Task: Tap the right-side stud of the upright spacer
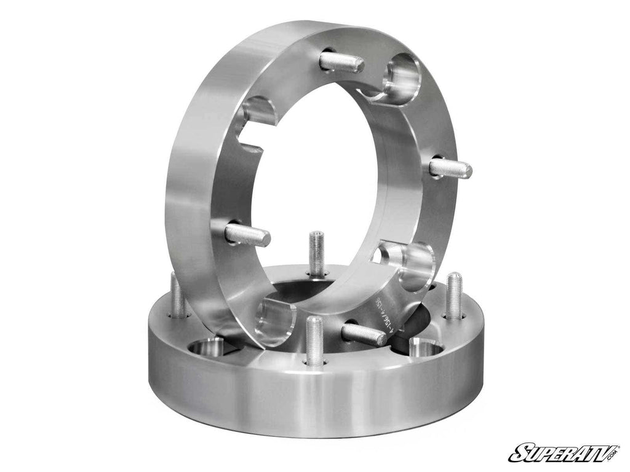click(x=450, y=168)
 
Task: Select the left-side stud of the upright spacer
click(x=247, y=234)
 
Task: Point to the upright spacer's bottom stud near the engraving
click(x=364, y=334)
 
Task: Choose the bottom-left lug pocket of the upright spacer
click(x=275, y=321)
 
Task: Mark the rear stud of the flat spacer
click(x=317, y=253)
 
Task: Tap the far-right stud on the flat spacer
click(x=454, y=296)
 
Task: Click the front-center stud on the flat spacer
click(x=314, y=340)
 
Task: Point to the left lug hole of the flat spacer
click(x=207, y=348)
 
